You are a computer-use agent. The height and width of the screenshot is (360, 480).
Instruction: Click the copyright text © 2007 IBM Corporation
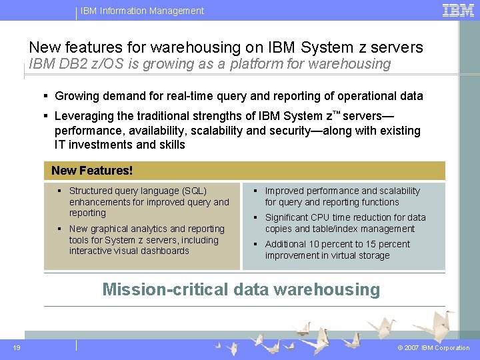click(x=433, y=348)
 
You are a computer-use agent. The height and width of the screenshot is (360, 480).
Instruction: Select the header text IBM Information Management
click(x=142, y=11)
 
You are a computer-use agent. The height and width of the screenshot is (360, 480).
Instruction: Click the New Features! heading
click(x=92, y=171)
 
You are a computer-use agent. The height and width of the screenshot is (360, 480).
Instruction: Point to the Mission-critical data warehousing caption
click(x=241, y=289)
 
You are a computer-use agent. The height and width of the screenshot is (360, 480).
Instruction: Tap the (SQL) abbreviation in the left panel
click(x=195, y=191)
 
